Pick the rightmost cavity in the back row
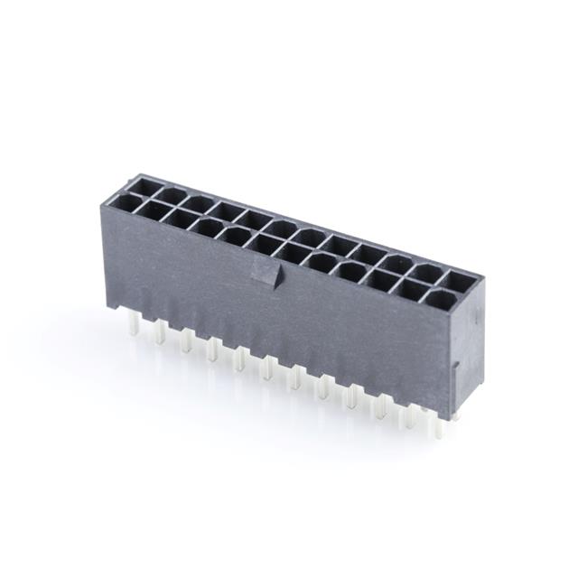[x=460, y=281]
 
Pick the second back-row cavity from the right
[x=428, y=272]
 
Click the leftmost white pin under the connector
[x=134, y=326]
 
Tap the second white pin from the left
[x=160, y=334]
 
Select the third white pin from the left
[x=186, y=341]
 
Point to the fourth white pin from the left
[x=212, y=350]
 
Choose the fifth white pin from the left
[x=239, y=359]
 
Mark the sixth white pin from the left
[x=267, y=368]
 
